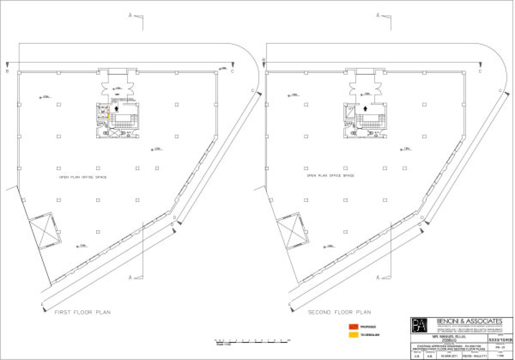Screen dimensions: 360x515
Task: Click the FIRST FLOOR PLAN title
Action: click(82, 312)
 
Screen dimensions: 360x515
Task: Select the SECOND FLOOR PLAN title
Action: click(339, 312)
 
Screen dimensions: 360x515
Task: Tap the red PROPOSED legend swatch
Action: click(353, 327)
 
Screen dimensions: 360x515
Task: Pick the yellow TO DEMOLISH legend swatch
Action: click(353, 335)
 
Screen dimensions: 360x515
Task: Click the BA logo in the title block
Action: click(419, 325)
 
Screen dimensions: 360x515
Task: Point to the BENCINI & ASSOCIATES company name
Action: click(469, 321)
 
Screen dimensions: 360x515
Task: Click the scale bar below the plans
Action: click(252, 341)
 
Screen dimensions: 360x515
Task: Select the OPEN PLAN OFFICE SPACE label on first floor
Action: click(83, 177)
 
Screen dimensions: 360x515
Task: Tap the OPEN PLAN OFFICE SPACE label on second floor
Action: click(330, 175)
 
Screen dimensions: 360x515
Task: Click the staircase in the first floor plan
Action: click(124, 121)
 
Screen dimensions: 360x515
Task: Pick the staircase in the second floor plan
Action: click(371, 121)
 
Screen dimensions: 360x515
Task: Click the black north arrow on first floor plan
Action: click(116, 108)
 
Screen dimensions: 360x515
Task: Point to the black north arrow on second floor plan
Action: click(365, 108)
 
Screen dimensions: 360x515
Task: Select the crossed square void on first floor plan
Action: click(45, 231)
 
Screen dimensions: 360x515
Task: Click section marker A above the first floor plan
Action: click(130, 15)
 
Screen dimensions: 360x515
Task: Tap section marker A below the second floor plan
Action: click(378, 277)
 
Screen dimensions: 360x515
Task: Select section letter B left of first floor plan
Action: click(7, 71)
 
